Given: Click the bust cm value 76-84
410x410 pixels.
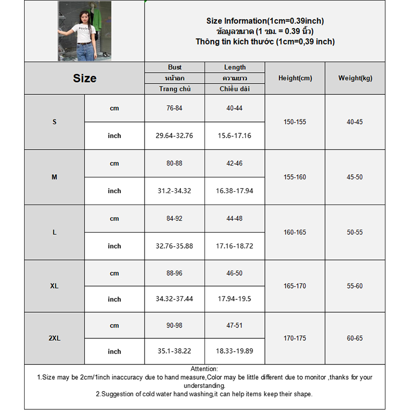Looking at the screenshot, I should pos(175,108).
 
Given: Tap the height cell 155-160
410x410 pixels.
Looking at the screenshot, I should pos(295,177).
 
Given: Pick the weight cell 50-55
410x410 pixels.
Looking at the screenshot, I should pos(355,232).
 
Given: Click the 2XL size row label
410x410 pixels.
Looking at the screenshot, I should pos(54,339).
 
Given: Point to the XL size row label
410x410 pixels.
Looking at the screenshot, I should pos(54,286).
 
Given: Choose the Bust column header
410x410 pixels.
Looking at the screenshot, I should pos(175,67).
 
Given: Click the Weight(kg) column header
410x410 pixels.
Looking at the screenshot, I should pos(355,78).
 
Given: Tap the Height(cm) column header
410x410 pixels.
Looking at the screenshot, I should pos(295,78).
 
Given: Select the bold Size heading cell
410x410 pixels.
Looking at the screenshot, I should pos(85,78).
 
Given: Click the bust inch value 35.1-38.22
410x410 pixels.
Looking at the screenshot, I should pos(175,352).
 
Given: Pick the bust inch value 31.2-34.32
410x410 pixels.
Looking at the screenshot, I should pos(175,191).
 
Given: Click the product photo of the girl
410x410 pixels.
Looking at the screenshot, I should pos(85,31).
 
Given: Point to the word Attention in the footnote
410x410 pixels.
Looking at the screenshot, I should pos(204,369).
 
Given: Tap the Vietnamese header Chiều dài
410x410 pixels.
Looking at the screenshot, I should pos(235,89).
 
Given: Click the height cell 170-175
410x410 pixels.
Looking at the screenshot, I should pos(295,339).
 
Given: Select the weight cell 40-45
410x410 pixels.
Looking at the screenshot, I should pos(355,122).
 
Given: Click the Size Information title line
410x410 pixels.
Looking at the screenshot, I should pos(265,21).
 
